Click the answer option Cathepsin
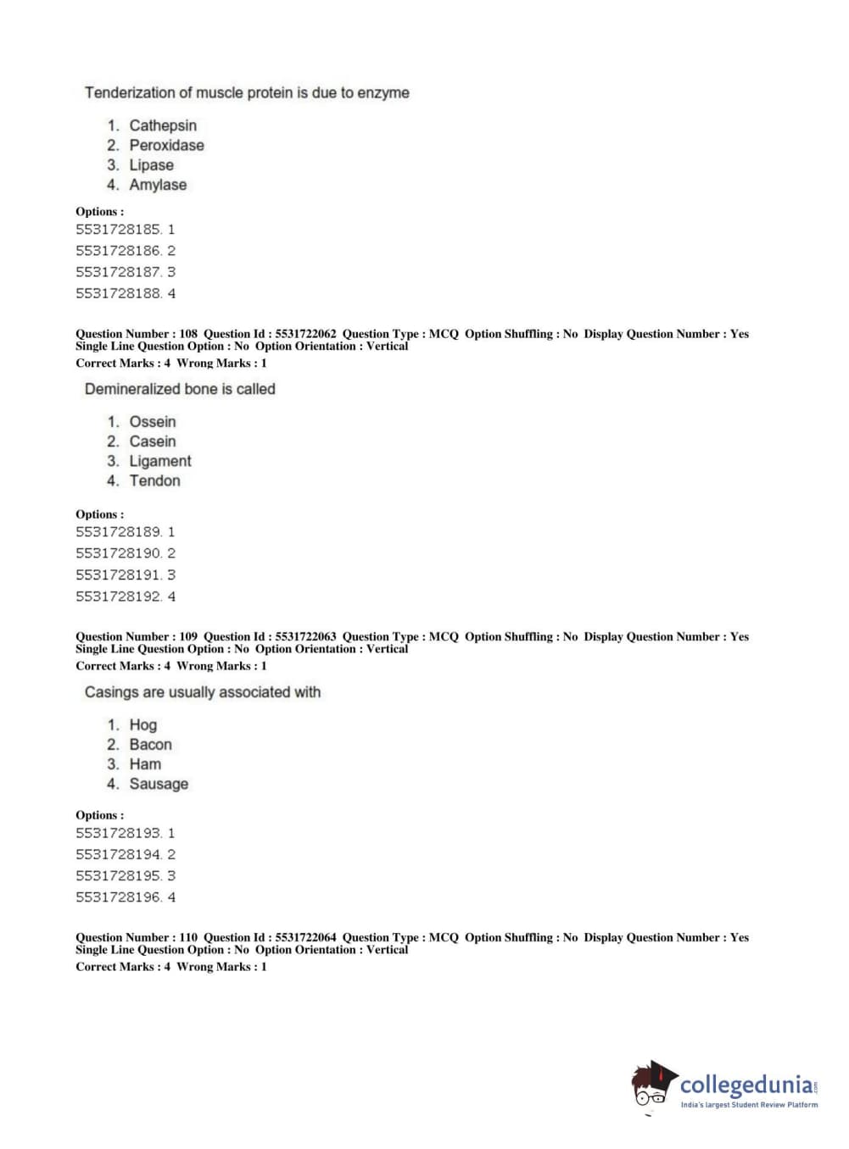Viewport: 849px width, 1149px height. coord(162,125)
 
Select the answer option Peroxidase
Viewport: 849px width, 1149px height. coord(166,145)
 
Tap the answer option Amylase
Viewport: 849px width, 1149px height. coord(158,185)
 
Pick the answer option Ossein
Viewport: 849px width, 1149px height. coord(153,422)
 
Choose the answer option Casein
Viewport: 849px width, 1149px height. coord(153,441)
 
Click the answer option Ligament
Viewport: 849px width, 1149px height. coord(160,461)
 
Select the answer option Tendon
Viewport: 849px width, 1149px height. coord(154,480)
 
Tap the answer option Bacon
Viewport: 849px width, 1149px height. coord(150,745)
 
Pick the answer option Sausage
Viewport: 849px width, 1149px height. coord(159,784)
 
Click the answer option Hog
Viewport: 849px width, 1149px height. coord(142,725)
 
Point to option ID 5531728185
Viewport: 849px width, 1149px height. coord(119,230)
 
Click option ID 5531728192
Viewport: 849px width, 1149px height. coord(119,597)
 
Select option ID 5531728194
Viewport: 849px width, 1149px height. coord(119,855)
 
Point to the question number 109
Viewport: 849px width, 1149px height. coord(188,636)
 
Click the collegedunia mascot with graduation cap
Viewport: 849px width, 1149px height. coord(653,1085)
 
